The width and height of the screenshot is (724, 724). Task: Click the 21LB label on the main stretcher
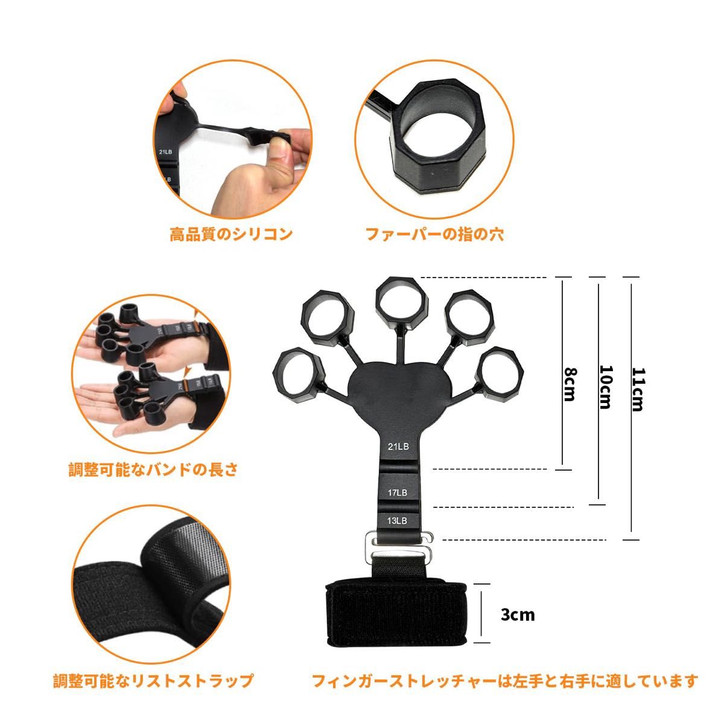point(398,446)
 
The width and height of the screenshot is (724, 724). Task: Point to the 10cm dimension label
point(605,387)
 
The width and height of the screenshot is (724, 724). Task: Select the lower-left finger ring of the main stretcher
point(297,375)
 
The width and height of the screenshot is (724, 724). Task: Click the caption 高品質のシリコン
point(231,233)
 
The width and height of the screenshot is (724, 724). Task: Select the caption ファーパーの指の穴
point(434,233)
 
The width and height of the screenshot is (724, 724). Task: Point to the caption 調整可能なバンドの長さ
point(153,469)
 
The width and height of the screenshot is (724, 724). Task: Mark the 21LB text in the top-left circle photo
point(166,153)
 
